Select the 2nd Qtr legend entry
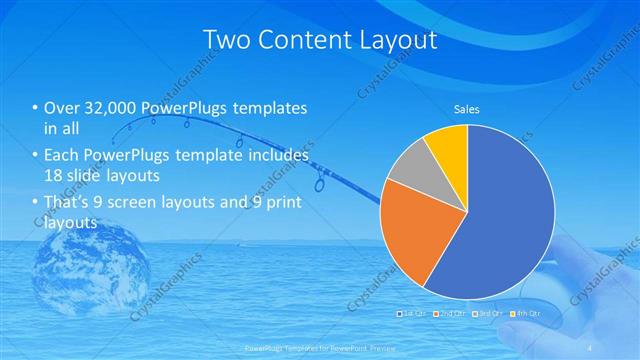(452, 314)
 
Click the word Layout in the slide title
(390, 41)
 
